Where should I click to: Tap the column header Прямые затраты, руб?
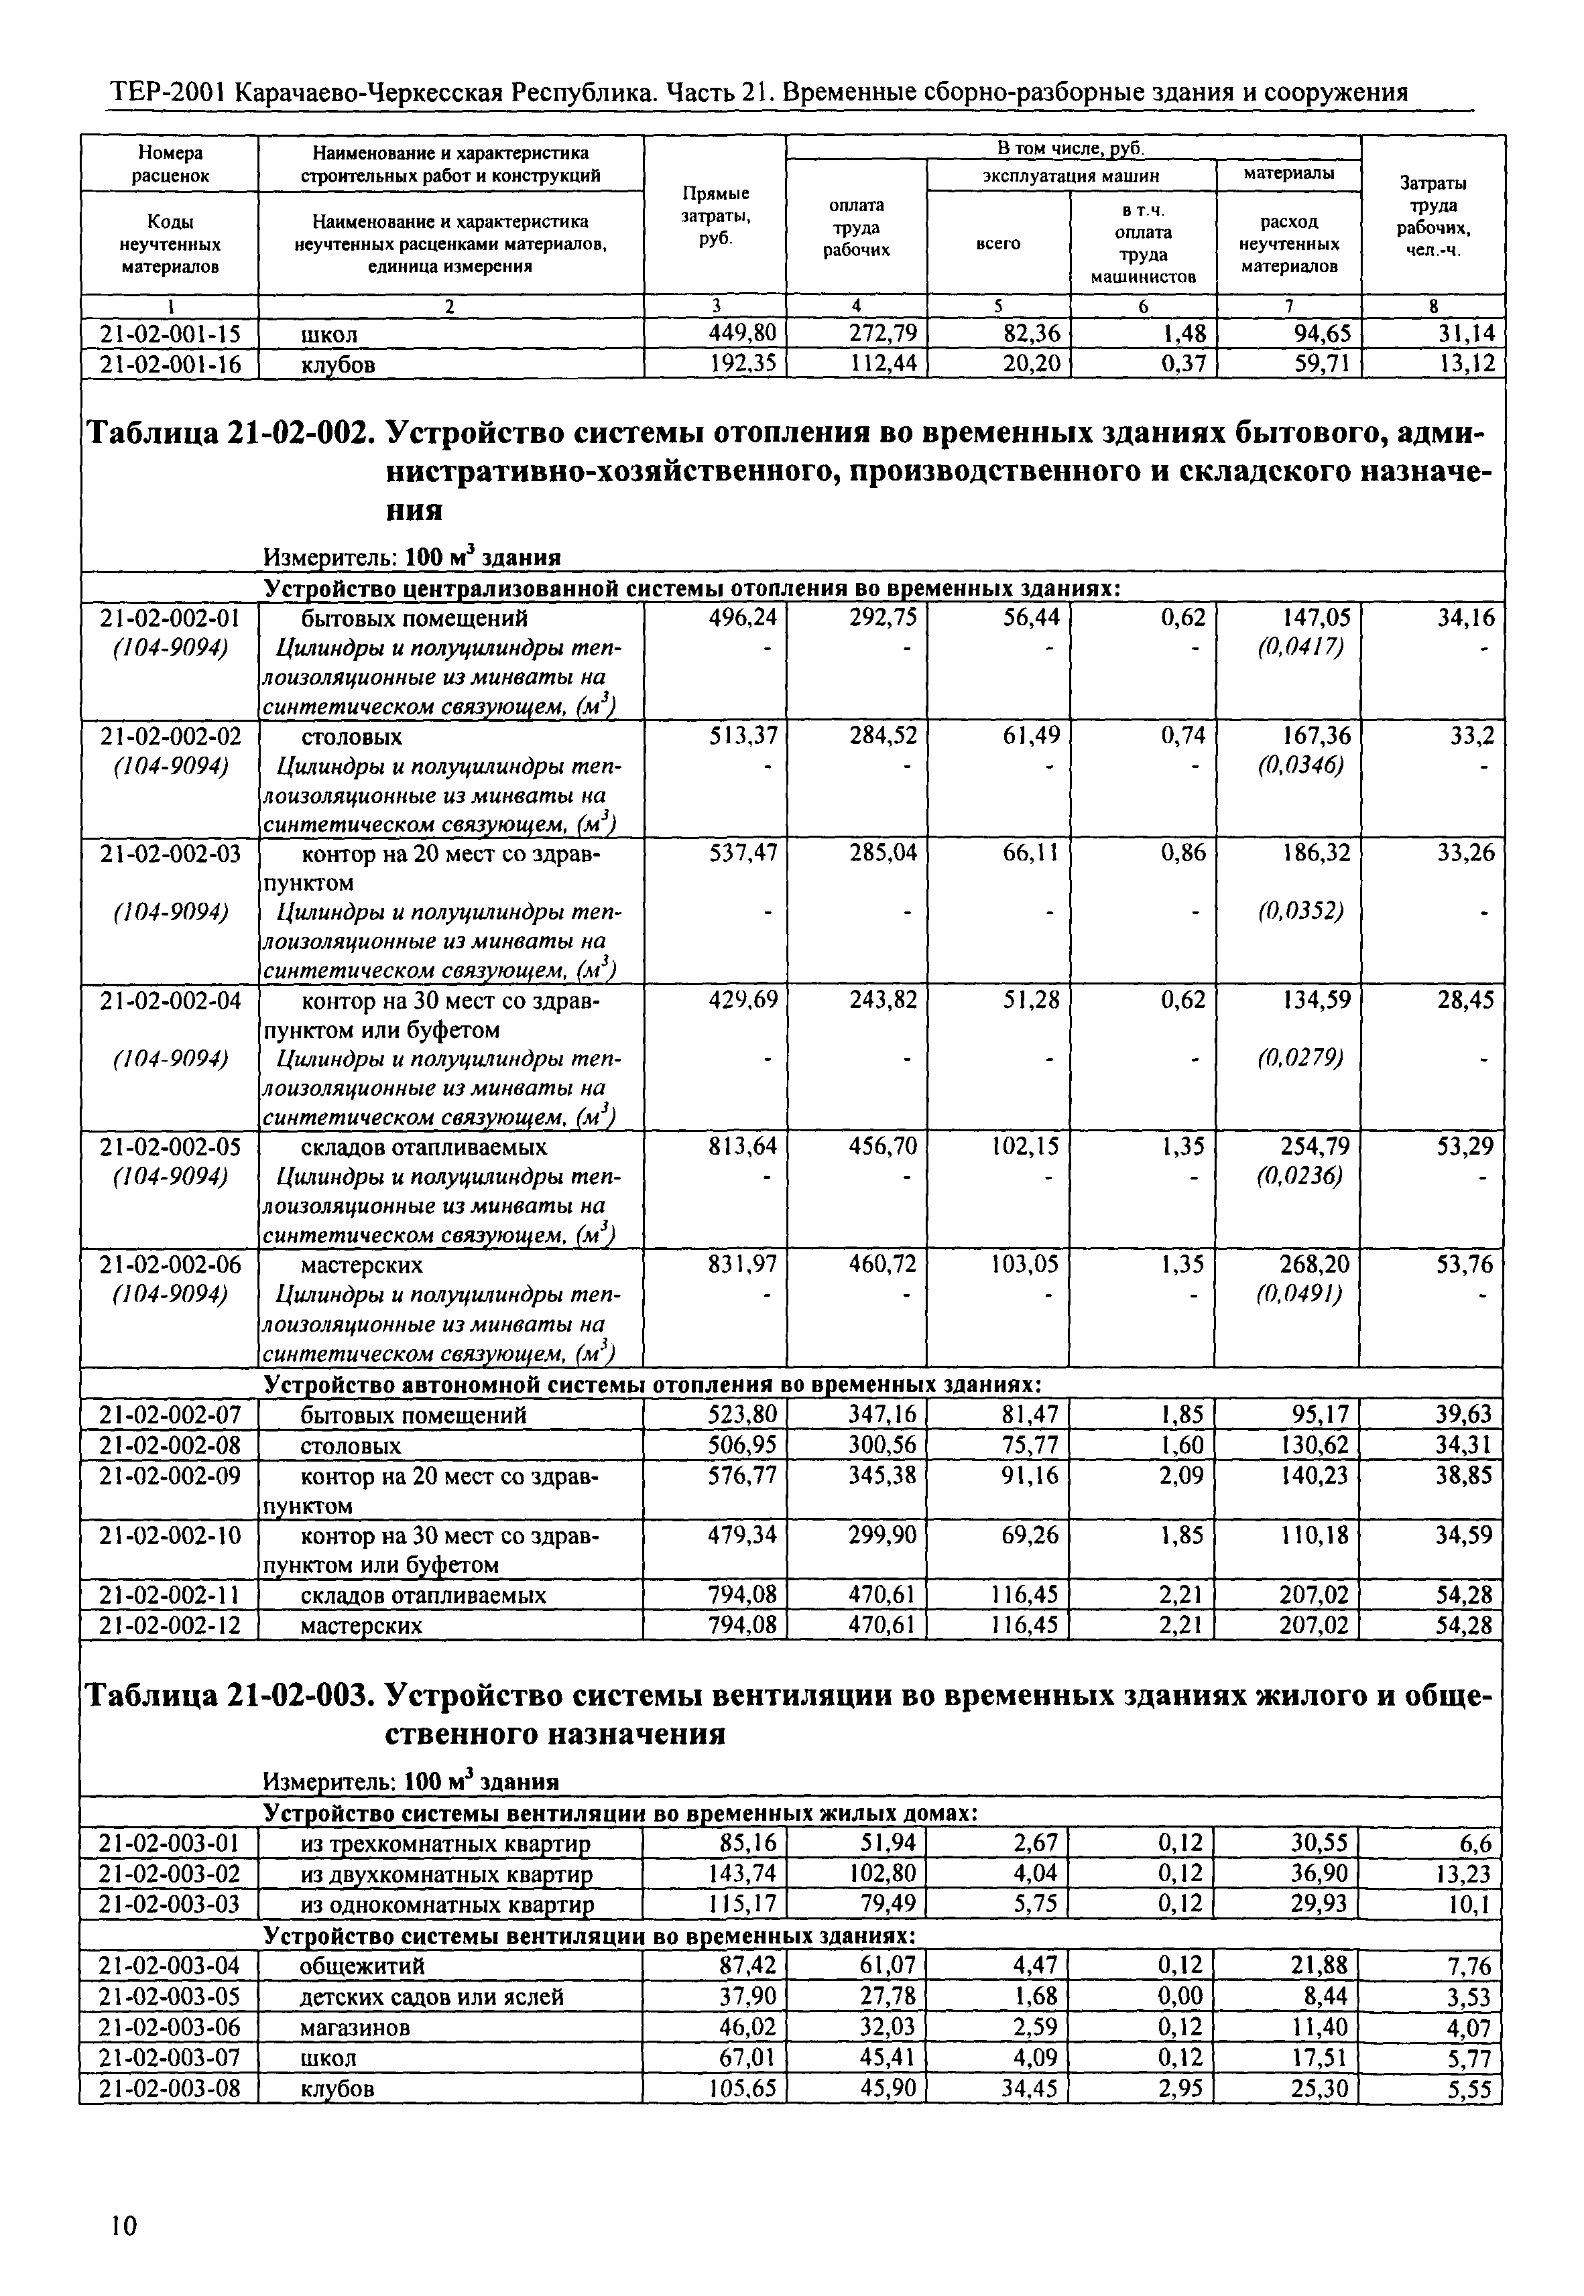tap(715, 216)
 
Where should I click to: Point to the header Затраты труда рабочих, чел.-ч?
tap(1433, 216)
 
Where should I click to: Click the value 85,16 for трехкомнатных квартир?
tap(749, 1844)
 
